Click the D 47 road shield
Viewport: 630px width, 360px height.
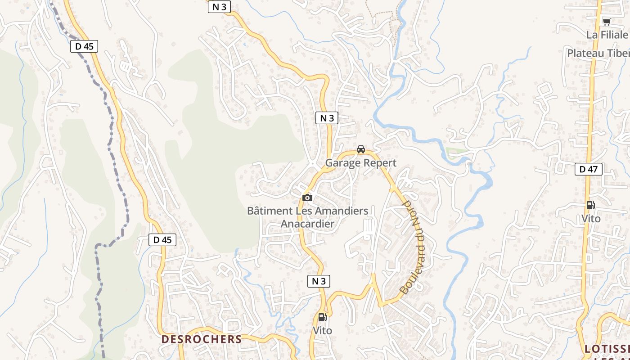click(588, 169)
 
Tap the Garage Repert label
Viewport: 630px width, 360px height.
click(361, 163)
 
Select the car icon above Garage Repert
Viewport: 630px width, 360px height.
click(360, 149)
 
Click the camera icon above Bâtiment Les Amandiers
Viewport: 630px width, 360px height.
click(307, 198)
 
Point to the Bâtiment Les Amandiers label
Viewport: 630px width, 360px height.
click(308, 211)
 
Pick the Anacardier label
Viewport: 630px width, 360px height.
click(308, 224)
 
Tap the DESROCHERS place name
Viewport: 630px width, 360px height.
click(202, 339)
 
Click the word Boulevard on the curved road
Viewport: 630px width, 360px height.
click(414, 270)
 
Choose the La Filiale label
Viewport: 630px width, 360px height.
click(607, 35)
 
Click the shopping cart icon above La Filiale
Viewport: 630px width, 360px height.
click(607, 22)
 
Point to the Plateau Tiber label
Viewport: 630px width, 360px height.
click(598, 53)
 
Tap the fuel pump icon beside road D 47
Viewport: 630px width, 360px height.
click(590, 205)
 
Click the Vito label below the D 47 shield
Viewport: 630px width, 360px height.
click(591, 219)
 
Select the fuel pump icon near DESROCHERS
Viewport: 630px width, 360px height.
click(322, 317)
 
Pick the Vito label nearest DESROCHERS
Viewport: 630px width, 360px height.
click(322, 331)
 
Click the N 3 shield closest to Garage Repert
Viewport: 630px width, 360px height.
click(327, 118)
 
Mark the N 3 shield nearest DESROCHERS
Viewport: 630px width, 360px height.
click(319, 281)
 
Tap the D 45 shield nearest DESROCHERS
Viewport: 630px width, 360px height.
click(162, 240)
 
